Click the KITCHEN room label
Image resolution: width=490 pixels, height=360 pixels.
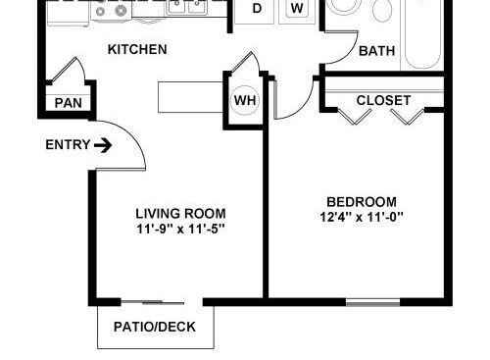pos(137,49)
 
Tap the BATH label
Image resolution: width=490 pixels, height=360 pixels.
pos(377,51)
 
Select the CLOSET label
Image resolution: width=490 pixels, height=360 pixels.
pos(383,100)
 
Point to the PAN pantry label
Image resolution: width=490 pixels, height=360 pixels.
pos(69,103)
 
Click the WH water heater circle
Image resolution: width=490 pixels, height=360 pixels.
pos(245,100)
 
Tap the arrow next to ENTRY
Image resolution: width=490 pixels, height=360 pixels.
pos(103,145)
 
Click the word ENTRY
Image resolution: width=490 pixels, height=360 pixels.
pos(68,144)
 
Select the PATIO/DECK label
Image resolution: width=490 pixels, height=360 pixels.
pos(155,327)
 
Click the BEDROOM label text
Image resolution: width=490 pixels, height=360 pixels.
pos(362,202)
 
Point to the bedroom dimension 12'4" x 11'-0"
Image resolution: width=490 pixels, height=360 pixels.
pos(362,217)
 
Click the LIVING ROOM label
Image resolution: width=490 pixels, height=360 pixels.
pos(180,214)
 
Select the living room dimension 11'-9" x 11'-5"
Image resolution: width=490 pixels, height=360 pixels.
pos(180,229)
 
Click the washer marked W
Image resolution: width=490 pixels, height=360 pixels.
pos(297,10)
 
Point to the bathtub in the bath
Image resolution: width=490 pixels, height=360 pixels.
pos(422,34)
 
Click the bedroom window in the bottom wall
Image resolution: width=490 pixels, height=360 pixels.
pos(373,302)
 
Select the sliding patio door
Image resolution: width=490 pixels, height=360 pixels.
pos(153,302)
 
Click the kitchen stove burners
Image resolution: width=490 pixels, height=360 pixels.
pos(111,11)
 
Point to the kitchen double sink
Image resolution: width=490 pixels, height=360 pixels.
pos(187,7)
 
